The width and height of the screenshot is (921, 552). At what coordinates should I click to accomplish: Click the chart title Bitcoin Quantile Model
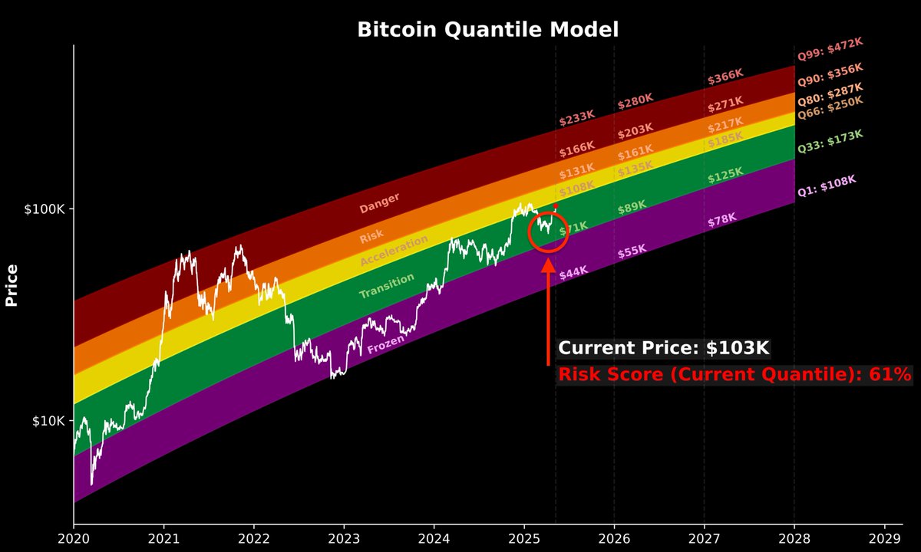487,30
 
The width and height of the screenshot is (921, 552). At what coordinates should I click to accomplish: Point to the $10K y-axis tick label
51,421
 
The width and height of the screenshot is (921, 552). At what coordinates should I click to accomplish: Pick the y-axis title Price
12,285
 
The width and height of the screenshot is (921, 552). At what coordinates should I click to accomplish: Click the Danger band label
379,202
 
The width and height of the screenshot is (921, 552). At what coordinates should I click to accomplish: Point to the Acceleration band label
394,252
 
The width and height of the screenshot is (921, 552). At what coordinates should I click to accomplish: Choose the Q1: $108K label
826,186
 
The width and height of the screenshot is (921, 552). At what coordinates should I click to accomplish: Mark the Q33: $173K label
830,141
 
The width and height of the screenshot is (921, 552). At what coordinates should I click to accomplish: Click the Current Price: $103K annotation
663,348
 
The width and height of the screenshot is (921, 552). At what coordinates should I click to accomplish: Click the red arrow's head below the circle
548,265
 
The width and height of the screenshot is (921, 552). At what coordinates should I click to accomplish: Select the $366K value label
725,77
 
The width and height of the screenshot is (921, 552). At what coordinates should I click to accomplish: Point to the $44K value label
573,272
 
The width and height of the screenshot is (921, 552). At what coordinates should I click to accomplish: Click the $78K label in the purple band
721,221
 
